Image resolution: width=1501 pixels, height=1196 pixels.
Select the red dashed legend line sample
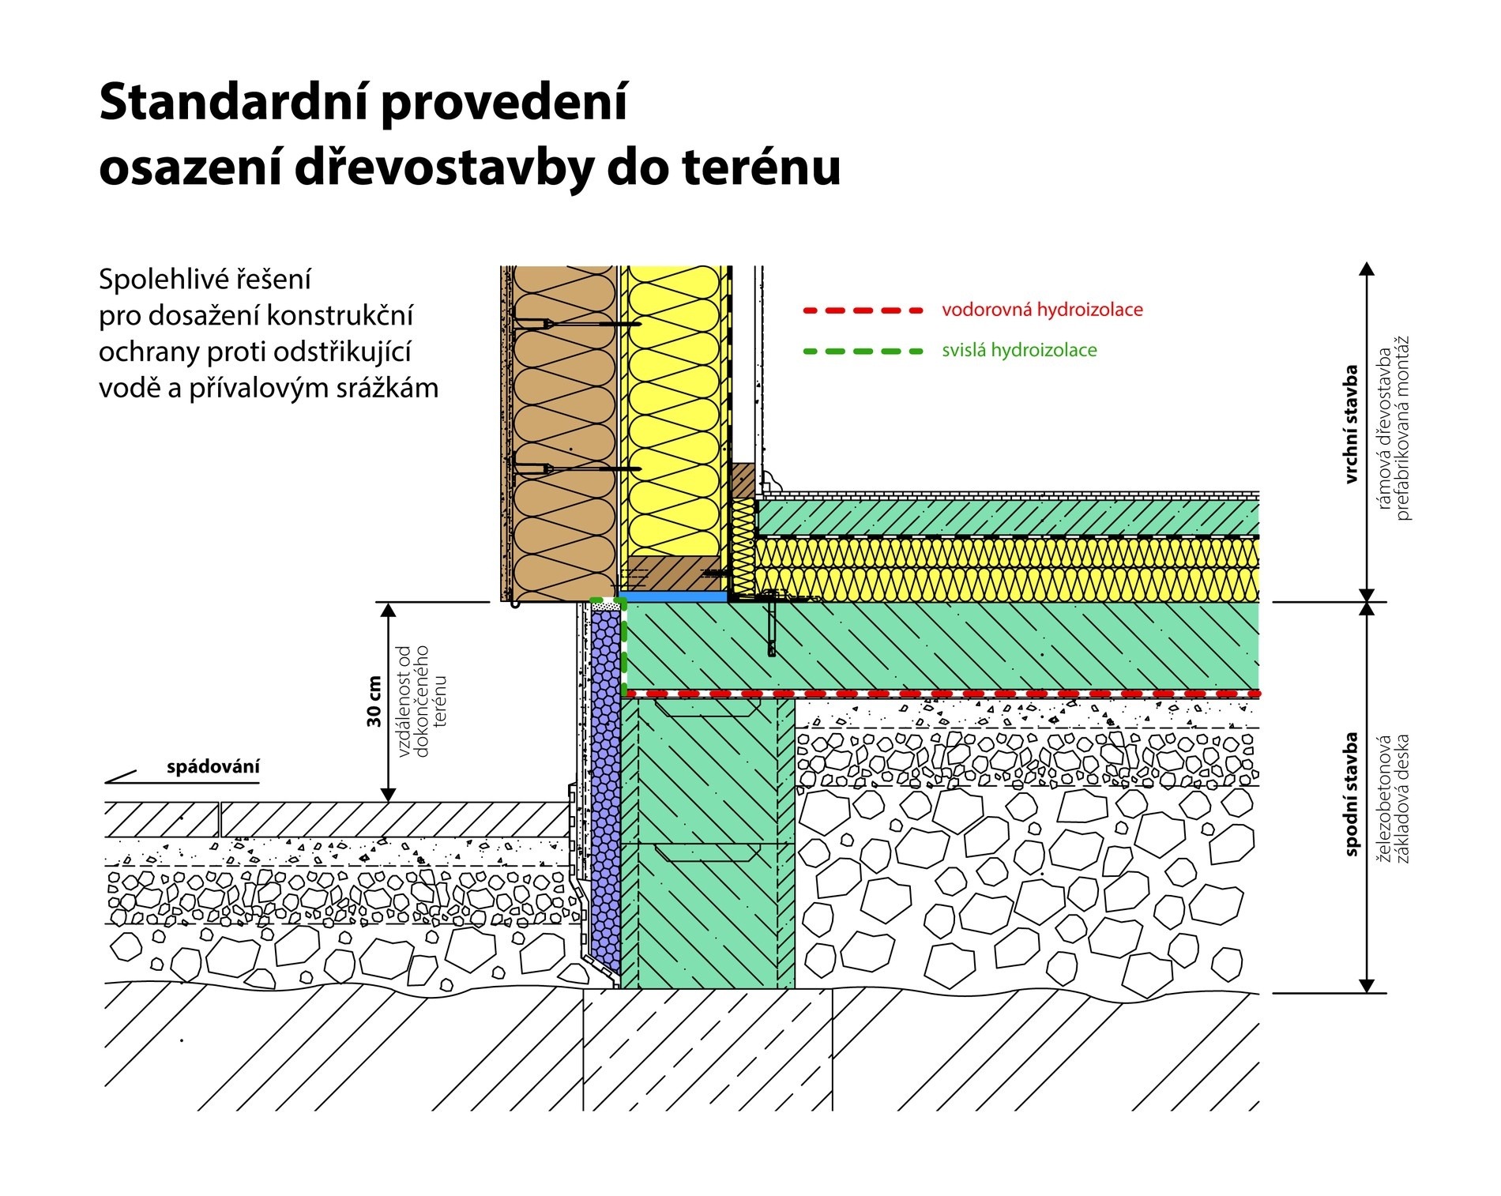tap(863, 310)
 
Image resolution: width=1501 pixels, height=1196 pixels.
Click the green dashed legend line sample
tap(863, 351)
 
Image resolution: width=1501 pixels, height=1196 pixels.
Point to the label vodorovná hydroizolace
tap(1042, 310)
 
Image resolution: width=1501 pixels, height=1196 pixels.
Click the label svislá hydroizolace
tap(1019, 350)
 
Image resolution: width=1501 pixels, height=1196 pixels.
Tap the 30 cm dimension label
tap(374, 701)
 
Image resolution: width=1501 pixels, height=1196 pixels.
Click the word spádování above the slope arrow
tap(213, 766)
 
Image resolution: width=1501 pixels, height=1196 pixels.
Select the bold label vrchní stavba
tap(1351, 424)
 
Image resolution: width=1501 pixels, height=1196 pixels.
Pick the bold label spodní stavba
tap(1351, 795)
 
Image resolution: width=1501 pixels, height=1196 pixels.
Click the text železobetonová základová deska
tap(1393, 799)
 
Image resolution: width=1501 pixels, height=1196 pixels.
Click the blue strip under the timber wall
tap(672, 597)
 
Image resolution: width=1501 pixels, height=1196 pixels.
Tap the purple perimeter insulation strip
tap(605, 792)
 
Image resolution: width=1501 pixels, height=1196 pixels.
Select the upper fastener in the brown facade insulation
tap(577, 323)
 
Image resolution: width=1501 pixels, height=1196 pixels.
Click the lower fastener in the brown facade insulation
tap(577, 469)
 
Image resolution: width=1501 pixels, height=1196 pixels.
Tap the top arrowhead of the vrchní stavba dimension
tap(1367, 269)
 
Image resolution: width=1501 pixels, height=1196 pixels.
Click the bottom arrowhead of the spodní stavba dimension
tap(1367, 985)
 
